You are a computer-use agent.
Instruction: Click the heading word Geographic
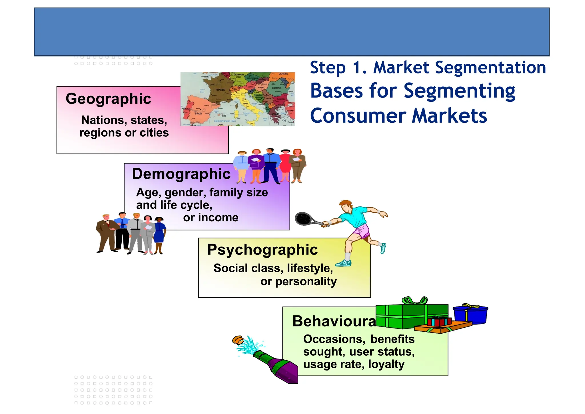(x=108, y=99)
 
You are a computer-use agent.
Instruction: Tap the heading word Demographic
(x=181, y=174)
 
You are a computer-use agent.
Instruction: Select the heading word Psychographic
(x=262, y=250)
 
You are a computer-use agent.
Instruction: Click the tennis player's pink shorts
(x=362, y=231)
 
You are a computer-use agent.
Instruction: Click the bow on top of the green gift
(x=414, y=300)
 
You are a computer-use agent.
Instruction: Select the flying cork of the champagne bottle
(x=238, y=340)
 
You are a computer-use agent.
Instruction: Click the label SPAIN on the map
(x=198, y=114)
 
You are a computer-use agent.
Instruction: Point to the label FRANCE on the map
(x=220, y=90)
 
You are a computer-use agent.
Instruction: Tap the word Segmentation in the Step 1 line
(x=490, y=68)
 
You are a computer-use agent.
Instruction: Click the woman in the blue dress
(x=159, y=234)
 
